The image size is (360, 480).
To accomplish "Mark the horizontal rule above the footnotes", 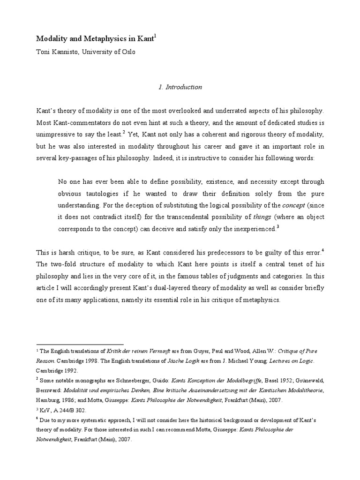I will click(80, 344).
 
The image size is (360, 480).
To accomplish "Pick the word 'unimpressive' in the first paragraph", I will click(56, 134).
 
